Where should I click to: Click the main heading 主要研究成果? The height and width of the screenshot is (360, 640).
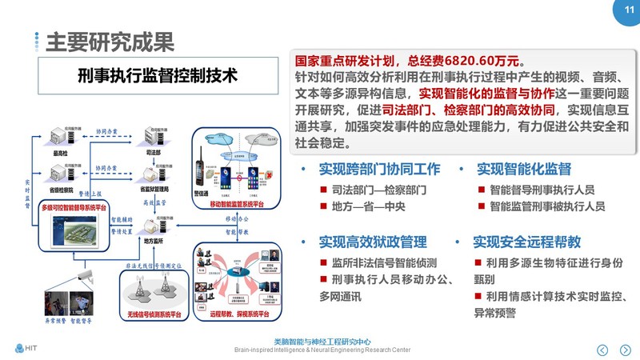point(110,41)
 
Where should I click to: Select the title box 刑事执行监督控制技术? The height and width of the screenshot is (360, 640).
point(158,76)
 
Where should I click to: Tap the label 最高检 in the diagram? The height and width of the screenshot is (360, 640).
point(61,154)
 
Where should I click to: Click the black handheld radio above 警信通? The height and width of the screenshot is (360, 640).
point(205,169)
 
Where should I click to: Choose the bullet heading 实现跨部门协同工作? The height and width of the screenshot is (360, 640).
point(379,170)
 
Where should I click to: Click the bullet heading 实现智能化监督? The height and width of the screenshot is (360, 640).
point(524,170)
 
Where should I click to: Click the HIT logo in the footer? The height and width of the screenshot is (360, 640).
point(26,347)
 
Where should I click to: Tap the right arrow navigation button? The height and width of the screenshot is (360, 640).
point(626,350)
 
